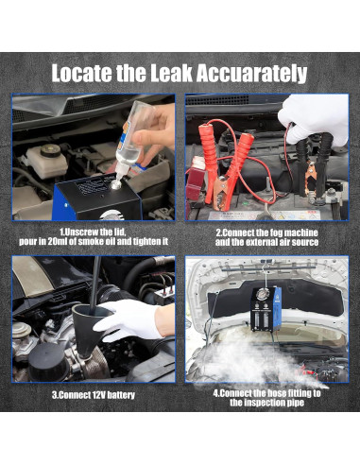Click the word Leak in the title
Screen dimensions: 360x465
tap(171, 73)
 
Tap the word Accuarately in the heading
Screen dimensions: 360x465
tap(251, 74)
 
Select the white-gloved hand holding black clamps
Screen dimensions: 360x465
tap(314, 120)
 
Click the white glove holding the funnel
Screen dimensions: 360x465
tap(134, 319)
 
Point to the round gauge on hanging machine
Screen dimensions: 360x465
tap(262, 295)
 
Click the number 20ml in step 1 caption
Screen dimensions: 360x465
tap(56, 242)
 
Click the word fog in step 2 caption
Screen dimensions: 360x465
tap(276, 232)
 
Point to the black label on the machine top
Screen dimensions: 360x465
tap(94, 185)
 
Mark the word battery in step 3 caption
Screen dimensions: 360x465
tap(121, 395)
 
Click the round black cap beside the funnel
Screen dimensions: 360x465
tap(47, 361)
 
